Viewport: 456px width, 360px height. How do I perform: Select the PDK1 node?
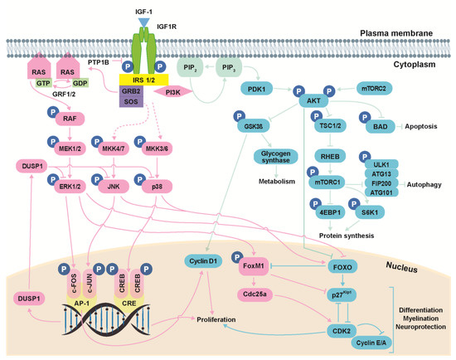255,88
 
